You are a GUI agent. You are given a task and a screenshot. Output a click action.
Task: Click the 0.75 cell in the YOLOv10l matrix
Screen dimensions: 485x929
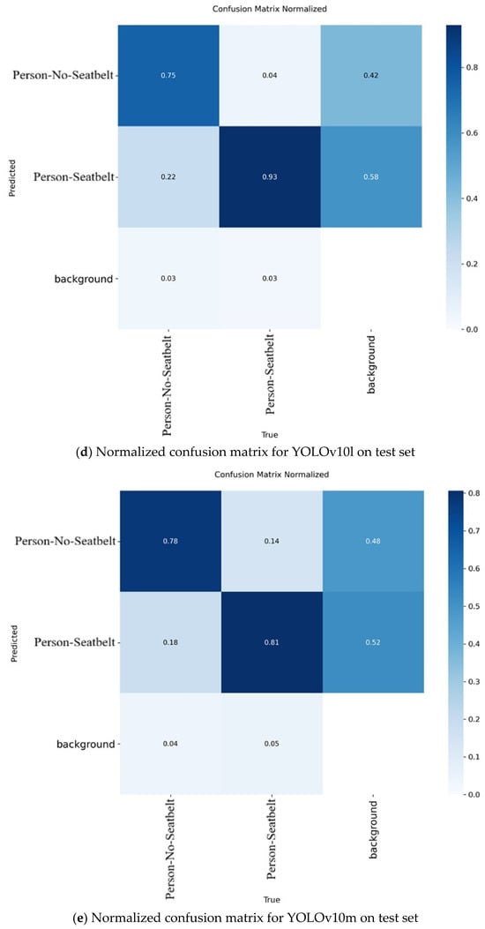[169, 76]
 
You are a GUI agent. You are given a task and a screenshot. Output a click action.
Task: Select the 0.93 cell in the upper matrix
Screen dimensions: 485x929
[270, 176]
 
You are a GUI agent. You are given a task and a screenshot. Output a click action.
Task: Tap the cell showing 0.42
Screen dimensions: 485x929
[371, 76]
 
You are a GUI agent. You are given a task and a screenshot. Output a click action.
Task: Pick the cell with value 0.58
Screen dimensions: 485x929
[371, 176]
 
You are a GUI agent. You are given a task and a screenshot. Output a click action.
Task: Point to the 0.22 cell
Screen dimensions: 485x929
[169, 176]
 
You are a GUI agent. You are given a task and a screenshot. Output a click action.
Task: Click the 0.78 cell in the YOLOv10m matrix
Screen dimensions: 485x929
[170, 541]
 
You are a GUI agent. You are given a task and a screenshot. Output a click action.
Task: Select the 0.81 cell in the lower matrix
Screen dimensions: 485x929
[272, 642]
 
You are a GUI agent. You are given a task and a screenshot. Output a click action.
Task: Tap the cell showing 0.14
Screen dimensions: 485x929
[272, 541]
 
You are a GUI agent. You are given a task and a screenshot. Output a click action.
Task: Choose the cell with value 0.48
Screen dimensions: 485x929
[373, 541]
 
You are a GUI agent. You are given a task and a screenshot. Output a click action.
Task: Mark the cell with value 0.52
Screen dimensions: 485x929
[373, 642]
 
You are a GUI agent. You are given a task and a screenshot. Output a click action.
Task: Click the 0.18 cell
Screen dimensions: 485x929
[170, 642]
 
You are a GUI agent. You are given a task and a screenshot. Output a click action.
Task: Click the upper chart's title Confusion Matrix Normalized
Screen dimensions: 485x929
[271, 10]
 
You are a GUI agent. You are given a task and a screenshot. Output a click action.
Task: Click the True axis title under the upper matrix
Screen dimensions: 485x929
[271, 434]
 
